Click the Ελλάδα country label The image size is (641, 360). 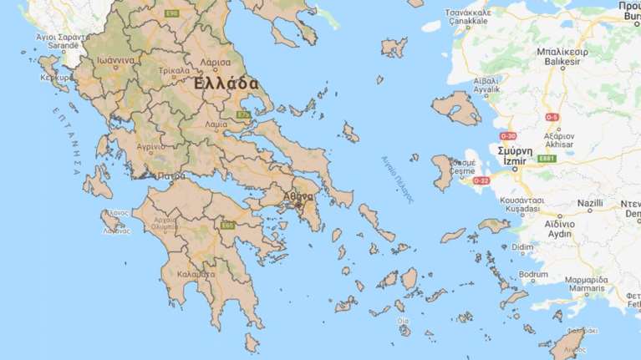tap(226, 84)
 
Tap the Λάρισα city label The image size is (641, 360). tap(214, 62)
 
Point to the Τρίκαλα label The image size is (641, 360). tap(174, 70)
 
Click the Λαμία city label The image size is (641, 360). tap(216, 124)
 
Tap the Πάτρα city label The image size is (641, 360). tap(170, 176)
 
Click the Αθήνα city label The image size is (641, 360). tap(298, 196)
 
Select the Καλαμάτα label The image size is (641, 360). tap(199, 272)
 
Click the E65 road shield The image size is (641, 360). tap(226, 225)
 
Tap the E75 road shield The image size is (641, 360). tap(243, 115)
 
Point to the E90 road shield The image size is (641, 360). tap(172, 13)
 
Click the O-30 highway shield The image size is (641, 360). tap(508, 136)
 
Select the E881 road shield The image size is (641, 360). tap(547, 159)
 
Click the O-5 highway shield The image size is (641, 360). tap(551, 117)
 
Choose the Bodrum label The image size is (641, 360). tap(533, 274)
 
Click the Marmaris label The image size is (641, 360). tap(584, 290)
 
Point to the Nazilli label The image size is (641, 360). tap(589, 203)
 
